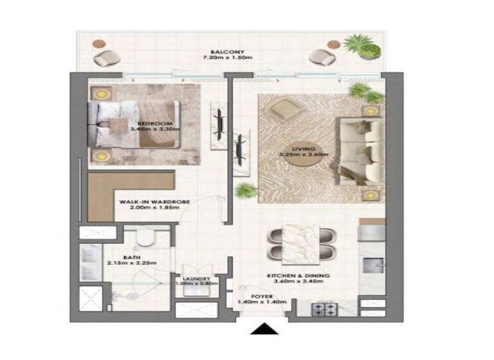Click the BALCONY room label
click(x=225, y=52)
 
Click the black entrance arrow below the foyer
click(x=264, y=329)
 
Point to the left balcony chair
click(x=104, y=59)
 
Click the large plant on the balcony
click(x=360, y=46)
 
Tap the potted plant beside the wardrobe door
click(x=246, y=190)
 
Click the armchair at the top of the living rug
click(x=284, y=111)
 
